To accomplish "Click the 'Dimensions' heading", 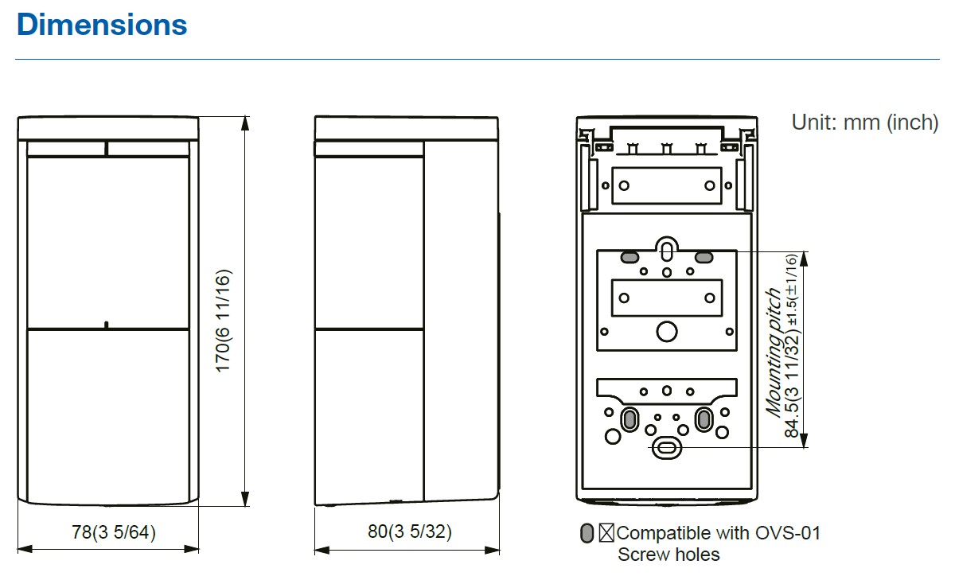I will click(x=102, y=25).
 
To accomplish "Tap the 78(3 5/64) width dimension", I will click(x=109, y=532).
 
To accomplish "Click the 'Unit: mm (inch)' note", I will click(x=864, y=123).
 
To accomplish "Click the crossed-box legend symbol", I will click(x=606, y=533).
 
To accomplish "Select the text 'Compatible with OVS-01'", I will click(x=718, y=532).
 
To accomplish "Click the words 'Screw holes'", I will click(x=668, y=555).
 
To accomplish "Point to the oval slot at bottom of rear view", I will click(x=666, y=449).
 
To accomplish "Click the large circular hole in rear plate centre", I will click(x=667, y=331).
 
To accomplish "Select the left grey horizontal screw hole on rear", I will click(x=630, y=257).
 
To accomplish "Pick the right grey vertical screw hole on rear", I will click(x=704, y=418).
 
